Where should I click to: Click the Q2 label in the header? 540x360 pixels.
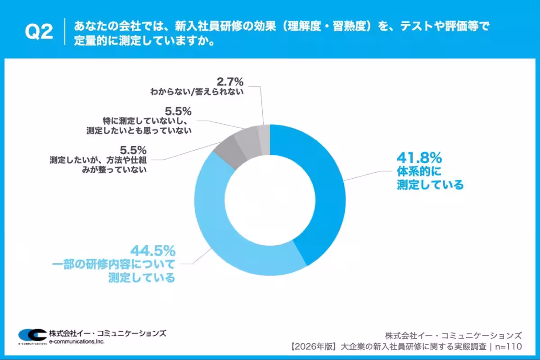(x=39, y=32)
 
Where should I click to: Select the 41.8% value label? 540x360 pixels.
(x=419, y=158)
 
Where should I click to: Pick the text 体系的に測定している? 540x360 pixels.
(x=430, y=178)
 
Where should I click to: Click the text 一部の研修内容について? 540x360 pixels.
(x=145, y=264)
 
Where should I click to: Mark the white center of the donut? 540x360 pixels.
(x=270, y=200)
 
